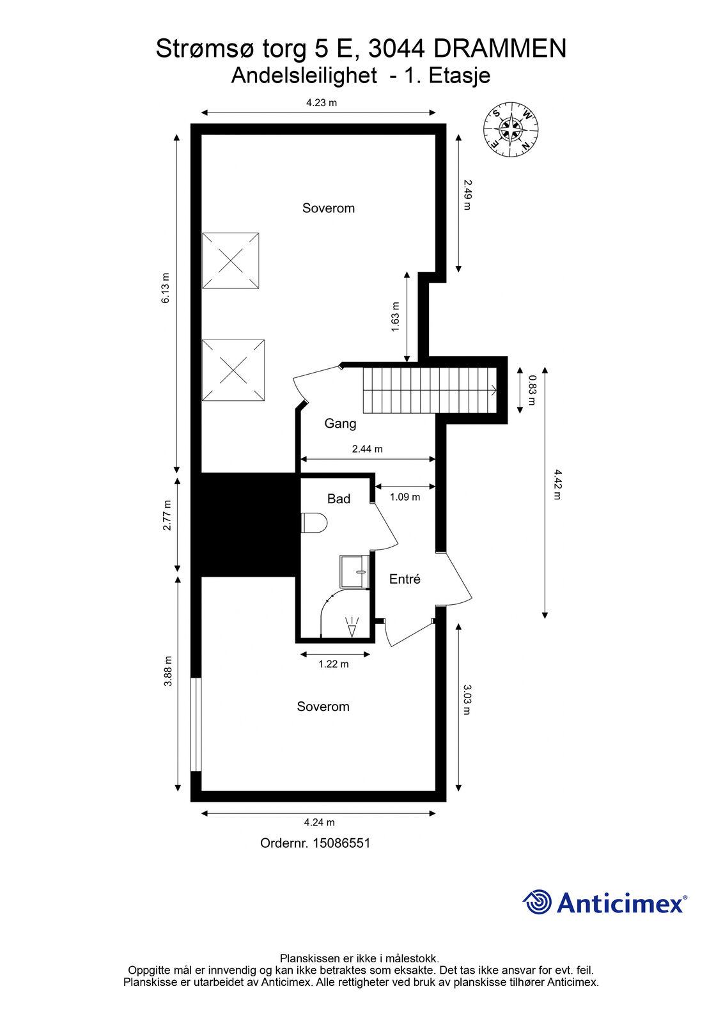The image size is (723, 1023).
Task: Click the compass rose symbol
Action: (511, 130)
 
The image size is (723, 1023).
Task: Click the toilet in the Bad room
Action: (314, 522)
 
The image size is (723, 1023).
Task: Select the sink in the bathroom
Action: (354, 572)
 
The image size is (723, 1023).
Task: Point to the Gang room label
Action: (340, 424)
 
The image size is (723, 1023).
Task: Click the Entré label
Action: (405, 579)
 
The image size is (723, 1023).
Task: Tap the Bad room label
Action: (339, 499)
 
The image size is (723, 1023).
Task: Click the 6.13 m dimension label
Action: (166, 288)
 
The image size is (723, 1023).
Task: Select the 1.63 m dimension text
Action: (396, 317)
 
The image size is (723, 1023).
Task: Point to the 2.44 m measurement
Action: (367, 449)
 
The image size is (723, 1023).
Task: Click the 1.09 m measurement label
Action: (405, 497)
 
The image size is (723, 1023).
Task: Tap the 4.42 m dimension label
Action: (557, 485)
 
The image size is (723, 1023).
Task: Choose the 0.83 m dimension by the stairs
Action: (532, 390)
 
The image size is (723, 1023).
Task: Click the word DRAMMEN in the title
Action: (500, 49)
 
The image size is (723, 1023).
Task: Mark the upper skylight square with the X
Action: (231, 261)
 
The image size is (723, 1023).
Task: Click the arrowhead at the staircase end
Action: (494, 389)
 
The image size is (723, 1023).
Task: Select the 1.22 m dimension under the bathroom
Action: (334, 664)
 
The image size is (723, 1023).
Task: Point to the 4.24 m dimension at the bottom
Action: (319, 822)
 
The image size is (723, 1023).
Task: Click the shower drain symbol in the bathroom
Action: (352, 628)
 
